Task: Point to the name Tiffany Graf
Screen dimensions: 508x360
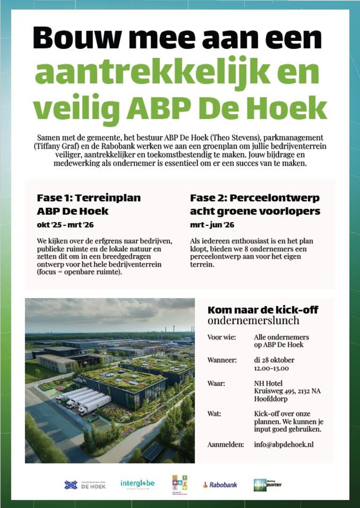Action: tap(55, 146)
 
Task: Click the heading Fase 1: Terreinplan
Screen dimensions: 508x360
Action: tap(89, 198)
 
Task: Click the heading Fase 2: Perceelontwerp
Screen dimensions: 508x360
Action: tap(255, 198)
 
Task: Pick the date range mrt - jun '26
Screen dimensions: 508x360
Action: tap(212, 225)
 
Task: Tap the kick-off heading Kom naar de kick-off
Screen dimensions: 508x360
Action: tap(263, 310)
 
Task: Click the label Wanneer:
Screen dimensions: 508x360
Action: tap(222, 360)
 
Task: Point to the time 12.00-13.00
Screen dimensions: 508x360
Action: tap(271, 368)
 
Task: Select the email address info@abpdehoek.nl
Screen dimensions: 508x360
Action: tap(283, 444)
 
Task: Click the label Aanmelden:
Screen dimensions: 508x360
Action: tap(226, 444)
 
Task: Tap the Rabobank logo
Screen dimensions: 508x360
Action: tap(220, 484)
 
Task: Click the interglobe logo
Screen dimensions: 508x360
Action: tap(137, 484)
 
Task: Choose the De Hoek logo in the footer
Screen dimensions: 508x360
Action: tap(85, 484)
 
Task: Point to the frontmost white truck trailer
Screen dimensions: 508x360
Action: tap(94, 405)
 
